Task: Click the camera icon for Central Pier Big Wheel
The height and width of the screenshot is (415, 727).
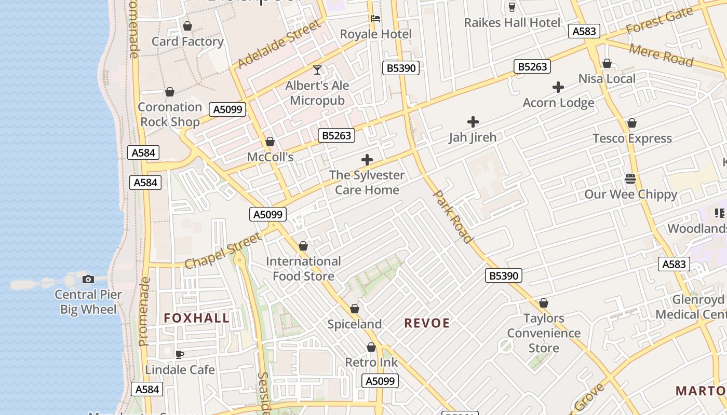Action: coord(88,280)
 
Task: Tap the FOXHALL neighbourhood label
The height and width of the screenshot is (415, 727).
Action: coord(197,318)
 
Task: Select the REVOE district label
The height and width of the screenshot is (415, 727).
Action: coord(427,323)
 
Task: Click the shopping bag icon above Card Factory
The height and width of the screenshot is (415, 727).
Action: coord(187,26)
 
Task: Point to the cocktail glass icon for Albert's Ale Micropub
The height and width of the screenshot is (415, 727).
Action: coord(317,70)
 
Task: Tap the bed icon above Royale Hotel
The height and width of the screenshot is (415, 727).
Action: coord(375,19)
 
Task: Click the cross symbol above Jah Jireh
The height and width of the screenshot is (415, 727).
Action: coord(473,122)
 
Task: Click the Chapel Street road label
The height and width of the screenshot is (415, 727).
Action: coord(223,251)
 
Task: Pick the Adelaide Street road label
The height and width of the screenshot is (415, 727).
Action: coord(279,44)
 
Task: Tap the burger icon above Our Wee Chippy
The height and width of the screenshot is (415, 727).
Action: coord(630,179)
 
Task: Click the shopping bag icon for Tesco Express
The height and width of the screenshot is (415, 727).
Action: coord(632,123)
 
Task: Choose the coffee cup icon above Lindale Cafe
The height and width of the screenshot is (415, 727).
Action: coord(180,355)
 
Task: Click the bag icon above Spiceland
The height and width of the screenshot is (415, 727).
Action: coord(355,309)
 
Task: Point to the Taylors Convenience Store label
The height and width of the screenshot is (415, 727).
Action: coord(544,333)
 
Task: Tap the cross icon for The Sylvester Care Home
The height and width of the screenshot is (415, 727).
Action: coord(367,160)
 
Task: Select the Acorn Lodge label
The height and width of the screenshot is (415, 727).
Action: coord(558,103)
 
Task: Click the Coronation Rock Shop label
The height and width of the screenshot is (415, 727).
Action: coord(170,114)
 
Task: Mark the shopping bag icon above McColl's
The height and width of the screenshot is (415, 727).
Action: coord(270,142)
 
